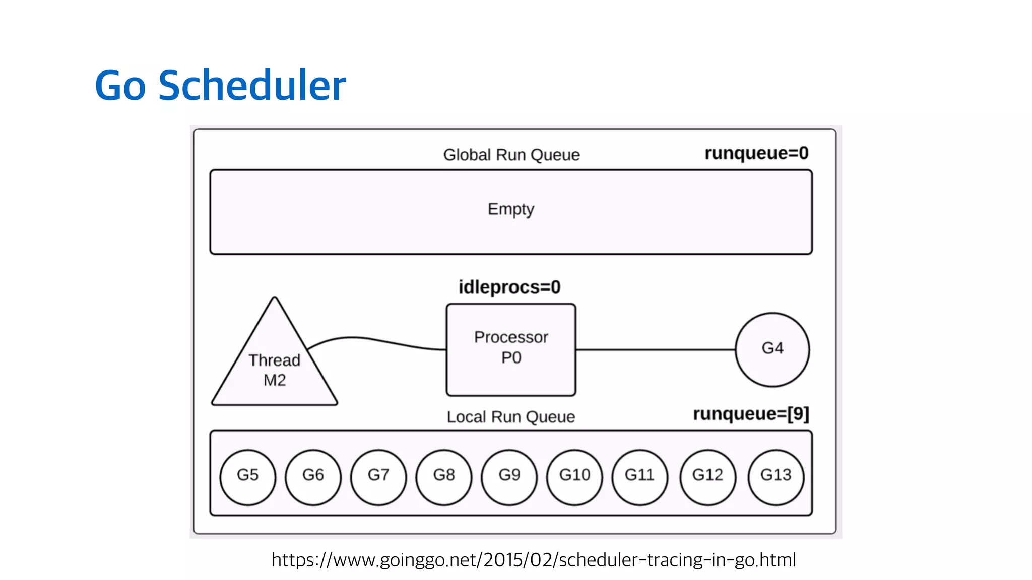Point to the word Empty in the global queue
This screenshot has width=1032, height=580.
510,209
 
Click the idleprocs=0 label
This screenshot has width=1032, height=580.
509,287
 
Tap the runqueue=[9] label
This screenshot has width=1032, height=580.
751,414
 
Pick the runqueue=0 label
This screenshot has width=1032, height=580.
756,153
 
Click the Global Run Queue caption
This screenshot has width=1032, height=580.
511,155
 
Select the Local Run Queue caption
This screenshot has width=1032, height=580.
510,417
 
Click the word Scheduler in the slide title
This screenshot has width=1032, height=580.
252,86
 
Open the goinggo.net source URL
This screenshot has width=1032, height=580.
534,560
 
